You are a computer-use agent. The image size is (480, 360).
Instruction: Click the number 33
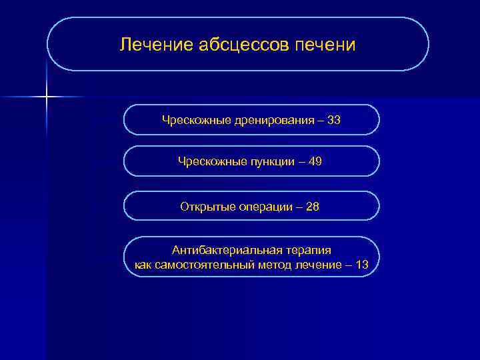coord(334,120)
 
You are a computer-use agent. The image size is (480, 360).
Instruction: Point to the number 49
coord(315,161)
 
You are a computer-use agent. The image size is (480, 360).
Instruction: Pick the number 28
coord(312,207)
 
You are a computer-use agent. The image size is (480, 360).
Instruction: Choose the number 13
coord(362,265)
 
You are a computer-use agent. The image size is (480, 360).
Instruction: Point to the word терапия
coord(309,250)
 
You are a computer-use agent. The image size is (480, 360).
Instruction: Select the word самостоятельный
coord(201,265)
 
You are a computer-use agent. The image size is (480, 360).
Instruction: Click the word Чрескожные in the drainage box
coord(196,120)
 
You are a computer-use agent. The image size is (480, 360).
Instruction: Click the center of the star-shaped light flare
coord(47,97)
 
